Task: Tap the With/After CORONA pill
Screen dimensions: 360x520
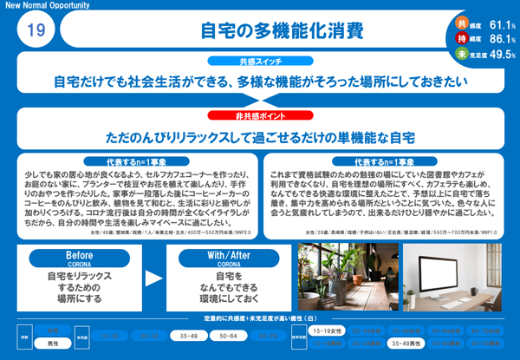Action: (228, 257)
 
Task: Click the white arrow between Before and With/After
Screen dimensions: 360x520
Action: (151, 278)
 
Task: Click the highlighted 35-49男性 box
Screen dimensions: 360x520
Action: (407, 344)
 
